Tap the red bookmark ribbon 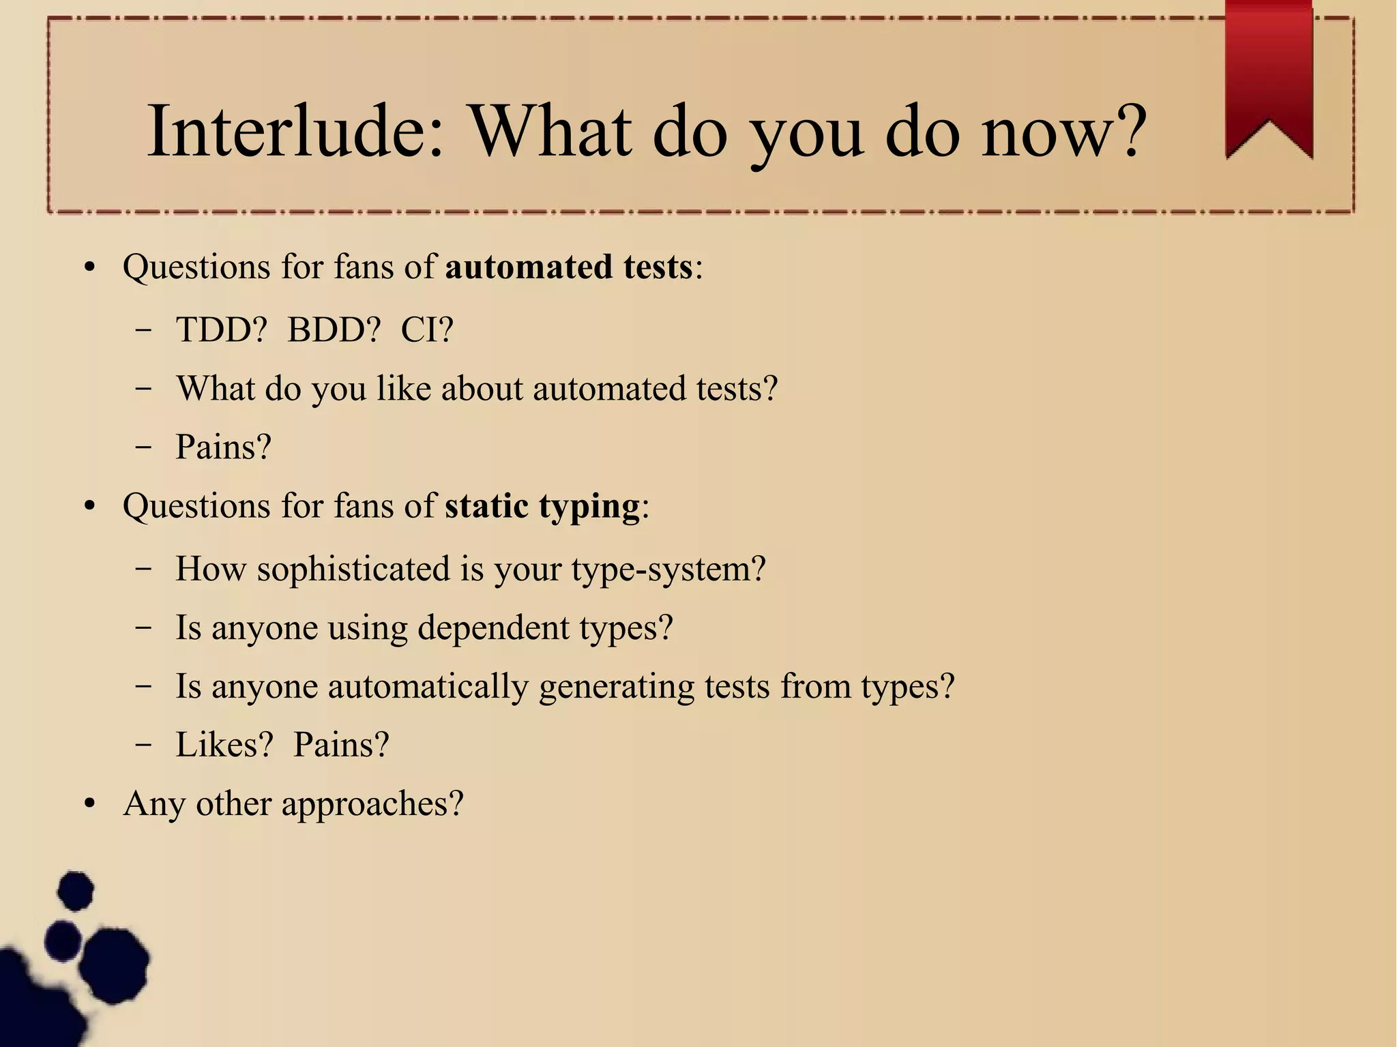pos(1269,75)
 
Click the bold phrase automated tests pos(569,266)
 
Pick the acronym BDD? pos(333,329)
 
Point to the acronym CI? pos(427,329)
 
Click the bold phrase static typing pos(542,506)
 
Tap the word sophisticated pos(353,569)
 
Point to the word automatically pos(428,686)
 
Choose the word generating pos(616,686)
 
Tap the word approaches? pos(372,803)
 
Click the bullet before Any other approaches pos(89,804)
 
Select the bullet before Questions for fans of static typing pos(89,507)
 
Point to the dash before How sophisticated pos(143,569)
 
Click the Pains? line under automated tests pos(223,447)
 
